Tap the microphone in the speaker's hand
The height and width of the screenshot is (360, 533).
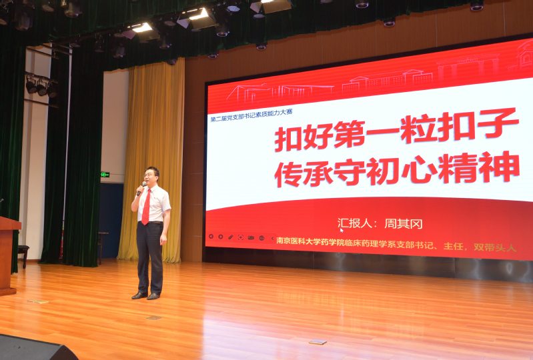click(x=141, y=189)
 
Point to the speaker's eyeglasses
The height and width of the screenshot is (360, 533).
click(x=149, y=175)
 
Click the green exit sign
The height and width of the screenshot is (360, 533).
click(x=105, y=175)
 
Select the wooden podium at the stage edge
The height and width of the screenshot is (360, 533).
click(x=8, y=255)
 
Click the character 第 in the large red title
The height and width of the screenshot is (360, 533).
click(x=349, y=134)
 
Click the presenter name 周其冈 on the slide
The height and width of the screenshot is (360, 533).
click(x=403, y=224)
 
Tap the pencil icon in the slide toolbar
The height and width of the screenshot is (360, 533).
click(x=230, y=237)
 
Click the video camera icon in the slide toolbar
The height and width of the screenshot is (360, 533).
click(x=251, y=238)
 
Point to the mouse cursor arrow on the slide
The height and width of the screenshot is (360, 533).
click(x=342, y=230)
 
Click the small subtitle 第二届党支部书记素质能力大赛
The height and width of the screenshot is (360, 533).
click(x=251, y=115)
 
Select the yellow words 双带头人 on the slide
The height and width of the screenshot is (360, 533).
click(x=495, y=247)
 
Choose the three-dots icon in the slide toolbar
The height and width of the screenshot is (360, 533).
click(x=261, y=238)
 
